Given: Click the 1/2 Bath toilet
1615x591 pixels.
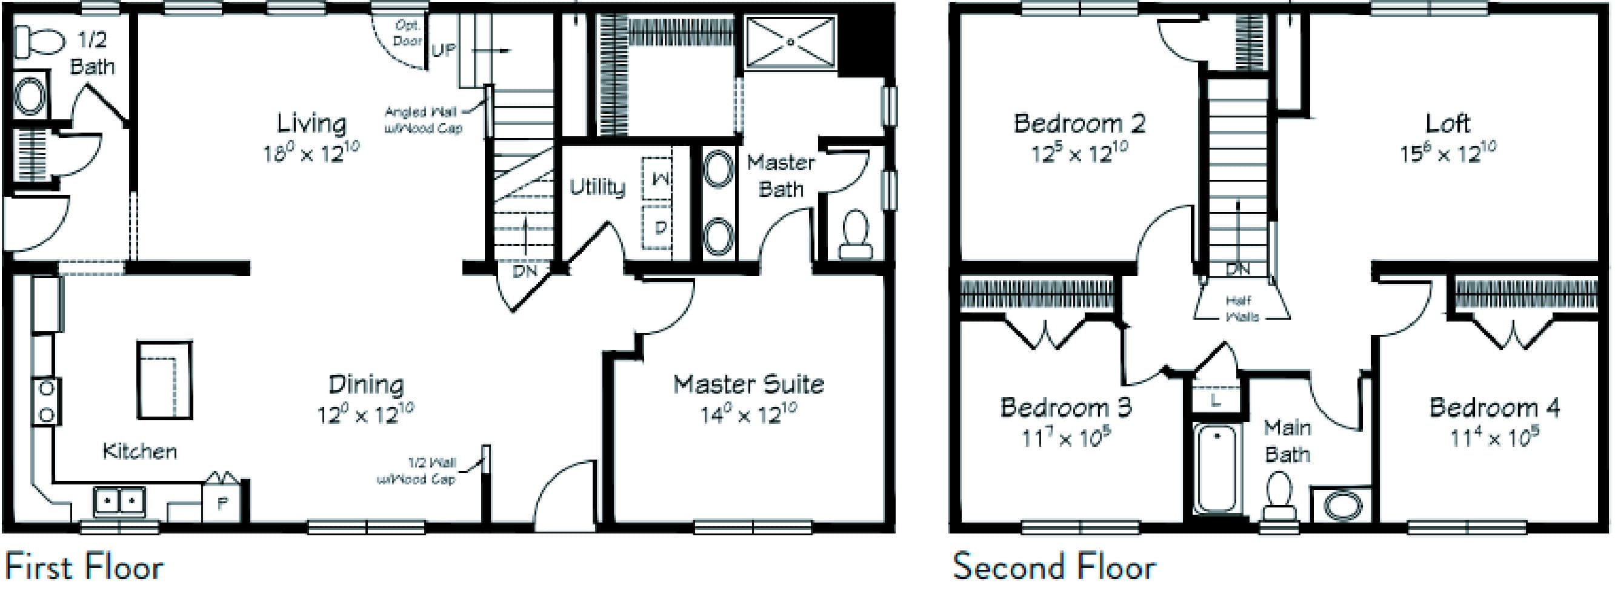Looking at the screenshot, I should [39, 42].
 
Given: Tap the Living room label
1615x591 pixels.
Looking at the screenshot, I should [311, 123].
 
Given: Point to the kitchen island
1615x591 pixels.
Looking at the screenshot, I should [165, 380].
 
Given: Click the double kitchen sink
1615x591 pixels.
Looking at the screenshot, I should [119, 502].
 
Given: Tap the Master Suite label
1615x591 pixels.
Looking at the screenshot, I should [748, 383].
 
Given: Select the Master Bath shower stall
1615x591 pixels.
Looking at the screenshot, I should [790, 41].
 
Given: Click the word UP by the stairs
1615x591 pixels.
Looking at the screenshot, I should [443, 50].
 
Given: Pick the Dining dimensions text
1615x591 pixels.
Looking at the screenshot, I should [365, 414].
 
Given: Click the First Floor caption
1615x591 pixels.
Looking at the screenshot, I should [84, 567].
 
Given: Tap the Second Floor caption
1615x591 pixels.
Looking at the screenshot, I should [1054, 567].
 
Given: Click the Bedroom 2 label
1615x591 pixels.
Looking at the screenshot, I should [1079, 123].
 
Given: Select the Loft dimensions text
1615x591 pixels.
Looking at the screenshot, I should [1448, 153].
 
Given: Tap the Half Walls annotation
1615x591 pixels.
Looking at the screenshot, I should [1241, 308].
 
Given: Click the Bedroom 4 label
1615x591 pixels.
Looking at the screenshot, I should [1494, 408].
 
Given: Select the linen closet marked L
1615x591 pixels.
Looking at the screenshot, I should [1216, 400].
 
